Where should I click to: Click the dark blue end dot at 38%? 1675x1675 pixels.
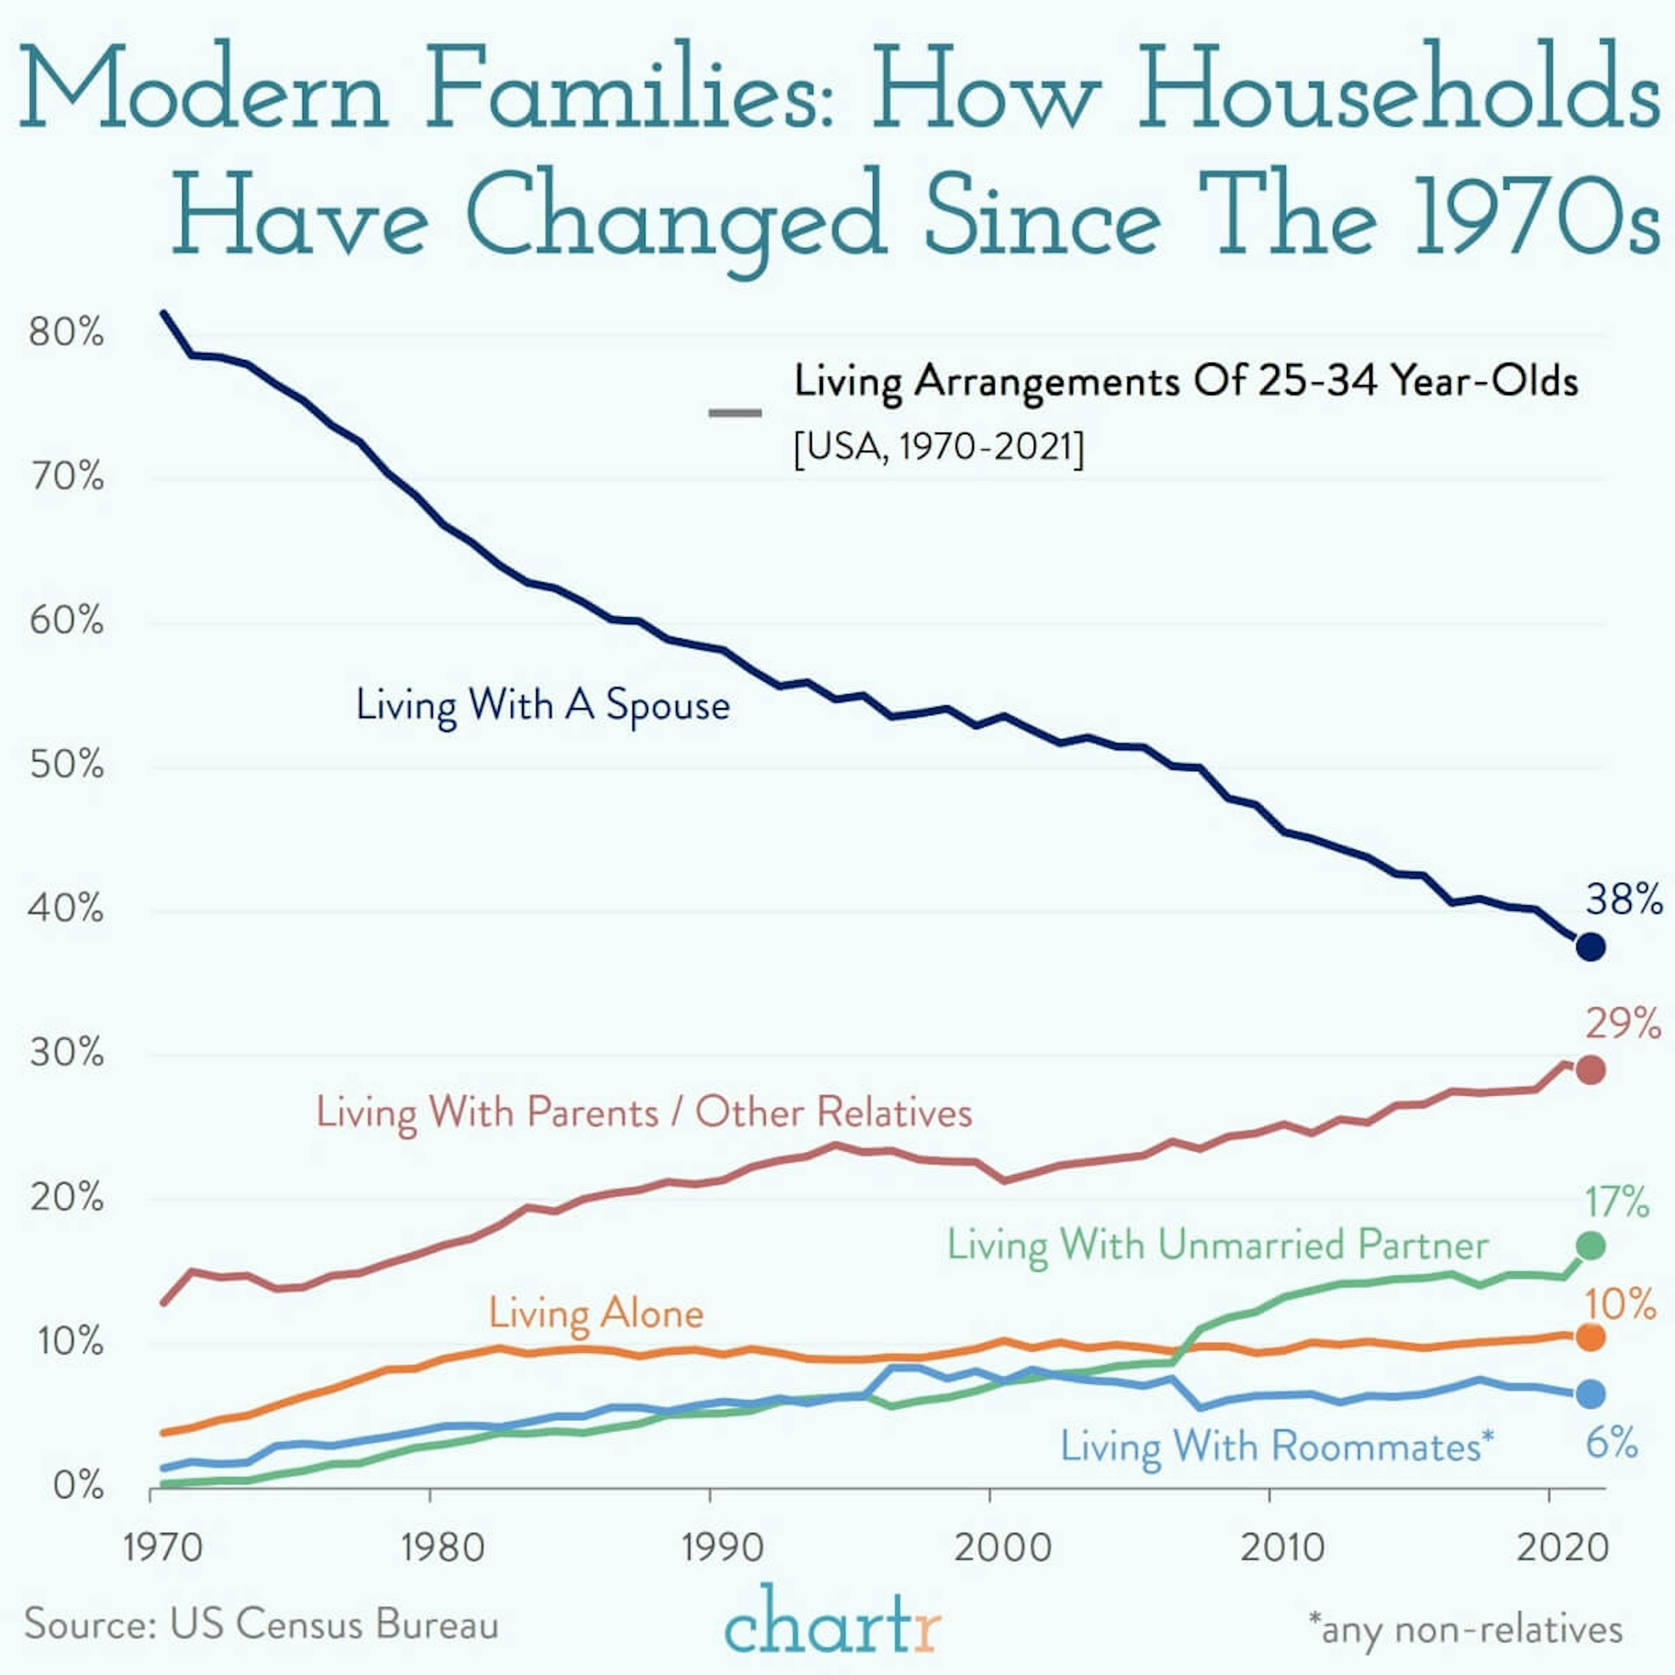tap(1590, 947)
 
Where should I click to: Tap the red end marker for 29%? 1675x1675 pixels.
tap(1590, 1071)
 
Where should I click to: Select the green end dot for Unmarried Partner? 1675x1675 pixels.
tap(1590, 1246)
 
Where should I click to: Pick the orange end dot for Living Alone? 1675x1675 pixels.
tap(1590, 1338)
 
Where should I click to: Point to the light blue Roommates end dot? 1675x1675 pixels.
tap(1590, 1395)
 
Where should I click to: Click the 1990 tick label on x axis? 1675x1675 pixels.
tap(722, 1548)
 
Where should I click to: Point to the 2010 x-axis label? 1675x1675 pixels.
tap(1282, 1548)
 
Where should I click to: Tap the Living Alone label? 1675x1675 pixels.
tap(595, 1313)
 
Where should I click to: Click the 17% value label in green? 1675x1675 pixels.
tap(1617, 1203)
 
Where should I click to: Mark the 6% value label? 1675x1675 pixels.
tap(1612, 1443)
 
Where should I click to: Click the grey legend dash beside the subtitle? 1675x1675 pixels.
tap(735, 413)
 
